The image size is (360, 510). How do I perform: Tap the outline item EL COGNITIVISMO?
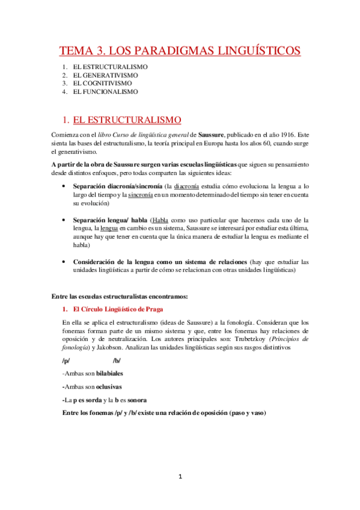tap(103, 84)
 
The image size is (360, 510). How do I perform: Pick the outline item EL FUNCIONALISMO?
tap(105, 92)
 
